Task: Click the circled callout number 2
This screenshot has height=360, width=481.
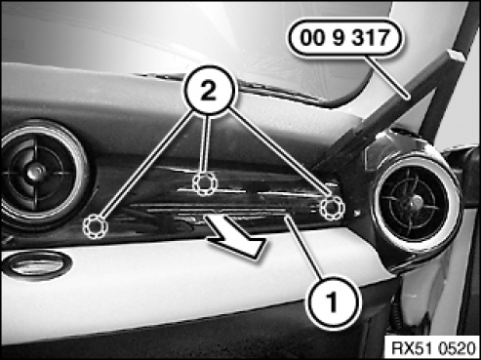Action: tap(209, 91)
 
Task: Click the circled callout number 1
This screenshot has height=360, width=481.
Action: tap(333, 302)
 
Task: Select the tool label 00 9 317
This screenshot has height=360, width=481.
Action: tap(344, 38)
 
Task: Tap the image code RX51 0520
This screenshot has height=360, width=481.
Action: tap(433, 348)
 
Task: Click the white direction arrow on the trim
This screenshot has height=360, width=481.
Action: tap(237, 236)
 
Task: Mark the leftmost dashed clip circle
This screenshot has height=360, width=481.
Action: tap(96, 226)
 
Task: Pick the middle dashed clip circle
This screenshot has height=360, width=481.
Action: tap(205, 183)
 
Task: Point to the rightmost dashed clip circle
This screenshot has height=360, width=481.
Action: tap(332, 208)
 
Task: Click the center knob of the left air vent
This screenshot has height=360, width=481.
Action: tap(35, 172)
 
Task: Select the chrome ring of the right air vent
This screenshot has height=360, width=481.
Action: tap(378, 208)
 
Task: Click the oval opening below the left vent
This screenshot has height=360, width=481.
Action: tap(36, 262)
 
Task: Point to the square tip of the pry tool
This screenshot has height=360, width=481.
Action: tap(457, 56)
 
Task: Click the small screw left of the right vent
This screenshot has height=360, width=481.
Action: tap(357, 214)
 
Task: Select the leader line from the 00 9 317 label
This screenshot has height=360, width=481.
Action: tap(387, 77)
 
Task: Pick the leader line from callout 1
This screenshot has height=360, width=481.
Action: tap(305, 249)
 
